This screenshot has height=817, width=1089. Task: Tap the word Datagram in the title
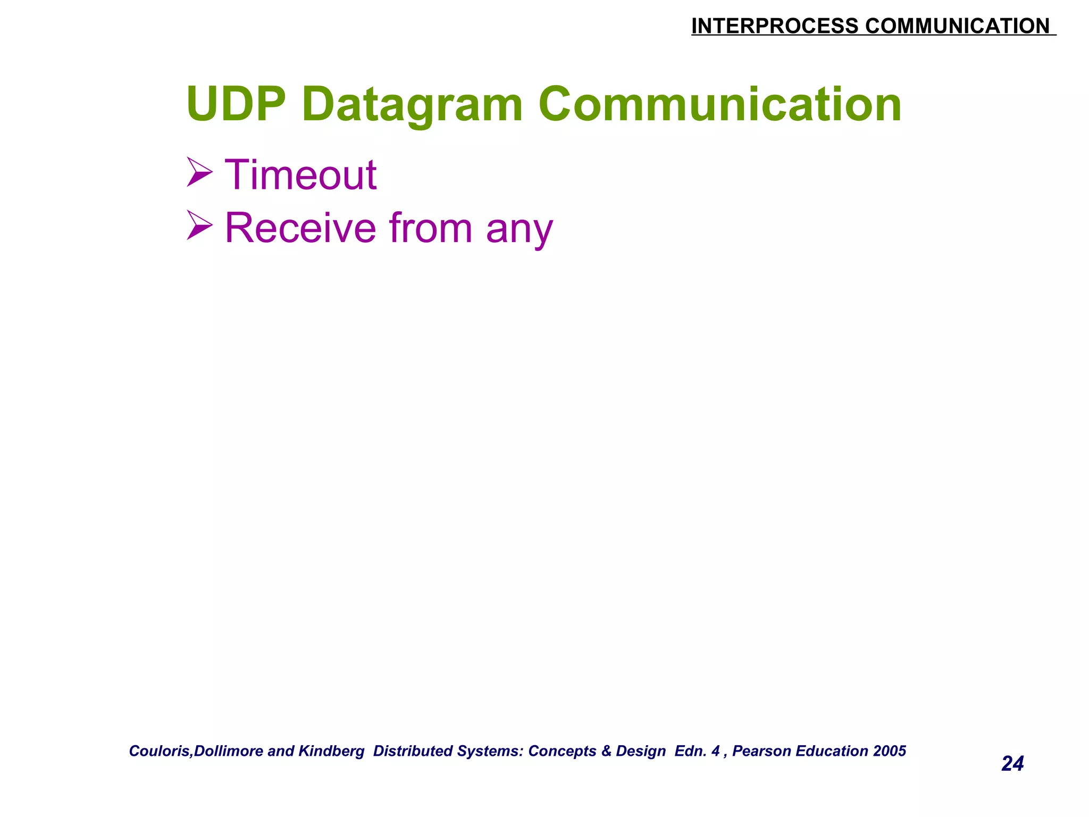pos(412,105)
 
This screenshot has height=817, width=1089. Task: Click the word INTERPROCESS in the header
pos(774,26)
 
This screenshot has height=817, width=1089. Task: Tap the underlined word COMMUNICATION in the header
pos(957,26)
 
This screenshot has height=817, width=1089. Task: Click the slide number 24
pos(1012,764)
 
